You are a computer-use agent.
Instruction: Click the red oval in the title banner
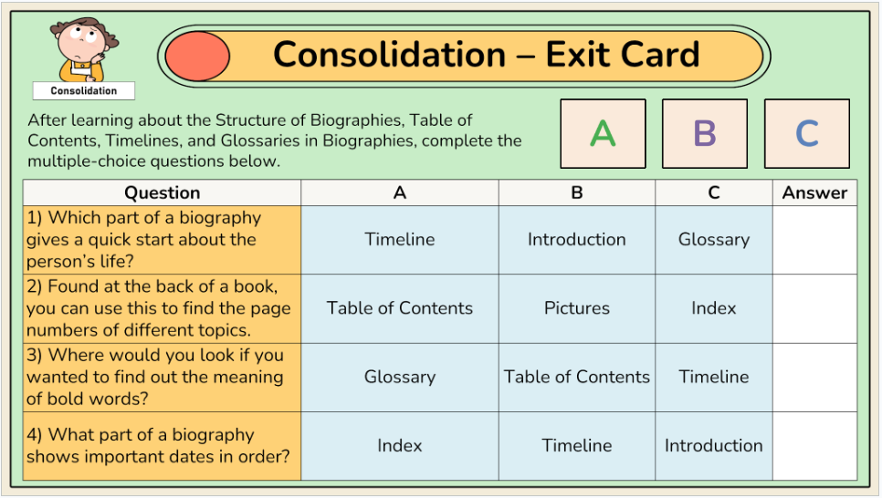coord(197,57)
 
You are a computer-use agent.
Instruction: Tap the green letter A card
coord(603,134)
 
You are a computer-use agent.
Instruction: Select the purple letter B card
coord(705,134)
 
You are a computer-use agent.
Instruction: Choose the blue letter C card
coord(806,134)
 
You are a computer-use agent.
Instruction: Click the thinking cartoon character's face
coord(82,42)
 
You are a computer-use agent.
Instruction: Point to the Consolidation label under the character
coord(84,90)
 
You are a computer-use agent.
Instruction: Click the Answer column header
coord(814,192)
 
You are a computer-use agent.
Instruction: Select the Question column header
coord(162,192)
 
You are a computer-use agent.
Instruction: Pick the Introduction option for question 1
coord(576,240)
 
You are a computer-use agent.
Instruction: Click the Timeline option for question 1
coord(399,240)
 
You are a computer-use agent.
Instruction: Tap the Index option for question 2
coord(713,308)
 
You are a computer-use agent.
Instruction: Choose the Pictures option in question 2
coord(576,308)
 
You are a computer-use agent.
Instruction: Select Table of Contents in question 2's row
coord(399,308)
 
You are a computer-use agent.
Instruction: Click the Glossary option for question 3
coord(399,378)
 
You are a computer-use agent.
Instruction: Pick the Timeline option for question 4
coord(576,446)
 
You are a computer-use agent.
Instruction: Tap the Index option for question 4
coord(399,446)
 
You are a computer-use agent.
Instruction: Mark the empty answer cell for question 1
coord(814,240)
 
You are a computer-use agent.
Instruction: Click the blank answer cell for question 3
coord(814,378)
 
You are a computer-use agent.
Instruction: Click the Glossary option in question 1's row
coord(713,240)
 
